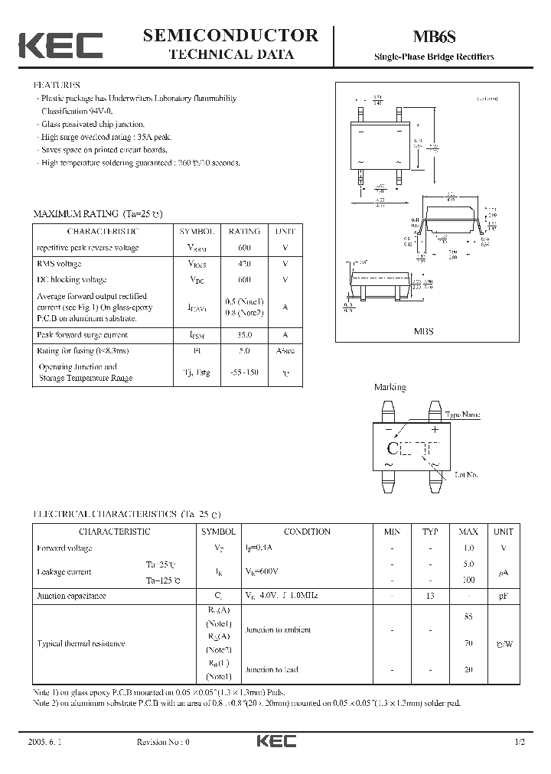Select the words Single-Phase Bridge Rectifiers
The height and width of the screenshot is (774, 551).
[434, 57]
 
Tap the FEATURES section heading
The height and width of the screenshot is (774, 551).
[57, 85]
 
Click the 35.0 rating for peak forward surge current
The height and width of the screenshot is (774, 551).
[244, 334]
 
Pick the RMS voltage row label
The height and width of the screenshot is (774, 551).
[60, 264]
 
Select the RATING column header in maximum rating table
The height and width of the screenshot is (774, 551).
[244, 231]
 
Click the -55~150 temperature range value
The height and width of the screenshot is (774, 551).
[244, 372]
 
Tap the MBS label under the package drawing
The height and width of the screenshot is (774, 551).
[424, 332]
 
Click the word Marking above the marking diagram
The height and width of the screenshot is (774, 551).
[390, 388]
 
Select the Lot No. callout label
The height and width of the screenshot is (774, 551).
[466, 475]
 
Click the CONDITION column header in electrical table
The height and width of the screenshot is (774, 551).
[307, 532]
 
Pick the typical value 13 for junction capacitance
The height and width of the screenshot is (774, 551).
[430, 595]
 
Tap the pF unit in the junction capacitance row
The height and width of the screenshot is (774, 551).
[504, 595]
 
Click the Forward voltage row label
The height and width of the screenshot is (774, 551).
[64, 548]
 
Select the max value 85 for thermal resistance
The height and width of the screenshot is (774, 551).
[468, 616]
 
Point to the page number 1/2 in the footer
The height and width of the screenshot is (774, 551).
[520, 742]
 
